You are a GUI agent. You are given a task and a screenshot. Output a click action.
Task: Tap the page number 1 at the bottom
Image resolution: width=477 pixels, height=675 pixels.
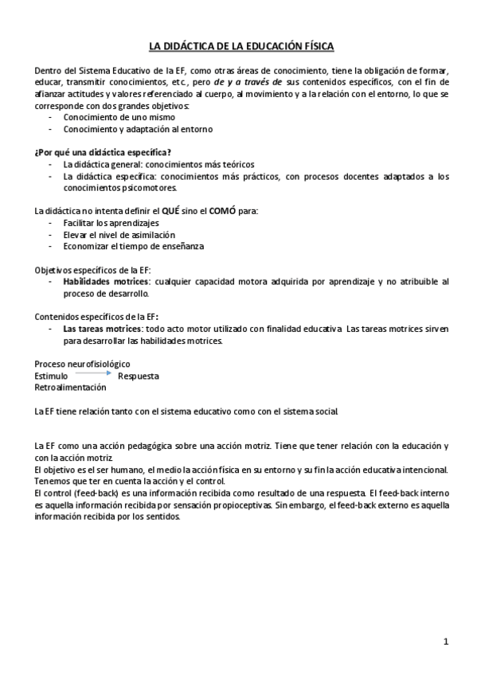pyautogui.click(x=447, y=641)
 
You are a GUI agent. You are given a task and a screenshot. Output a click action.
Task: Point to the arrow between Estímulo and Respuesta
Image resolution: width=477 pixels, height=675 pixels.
pyautogui.click(x=92, y=373)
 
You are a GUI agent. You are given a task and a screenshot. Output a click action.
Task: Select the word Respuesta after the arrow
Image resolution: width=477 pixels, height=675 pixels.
pyautogui.click(x=139, y=376)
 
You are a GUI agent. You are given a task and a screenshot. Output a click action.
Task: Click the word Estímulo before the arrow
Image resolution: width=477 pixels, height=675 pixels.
pyautogui.click(x=52, y=376)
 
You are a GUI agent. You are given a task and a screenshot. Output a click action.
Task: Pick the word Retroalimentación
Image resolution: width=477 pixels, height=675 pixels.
pyautogui.click(x=70, y=387)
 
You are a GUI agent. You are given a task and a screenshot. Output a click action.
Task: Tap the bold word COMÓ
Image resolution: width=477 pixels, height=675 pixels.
pyautogui.click(x=222, y=212)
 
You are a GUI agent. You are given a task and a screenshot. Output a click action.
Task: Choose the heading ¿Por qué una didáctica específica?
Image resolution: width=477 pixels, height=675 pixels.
pyautogui.click(x=103, y=152)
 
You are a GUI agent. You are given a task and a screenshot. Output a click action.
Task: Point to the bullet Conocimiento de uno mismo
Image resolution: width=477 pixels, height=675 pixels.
pyautogui.click(x=119, y=117)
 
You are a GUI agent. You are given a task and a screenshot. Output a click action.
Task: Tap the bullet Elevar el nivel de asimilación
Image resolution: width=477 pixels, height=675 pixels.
pyautogui.click(x=119, y=235)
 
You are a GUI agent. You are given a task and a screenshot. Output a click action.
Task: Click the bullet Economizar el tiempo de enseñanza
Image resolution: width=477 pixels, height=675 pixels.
pyautogui.click(x=134, y=247)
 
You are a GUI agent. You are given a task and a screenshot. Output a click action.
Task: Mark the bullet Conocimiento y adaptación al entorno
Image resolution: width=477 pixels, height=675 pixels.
pyautogui.click(x=138, y=129)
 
